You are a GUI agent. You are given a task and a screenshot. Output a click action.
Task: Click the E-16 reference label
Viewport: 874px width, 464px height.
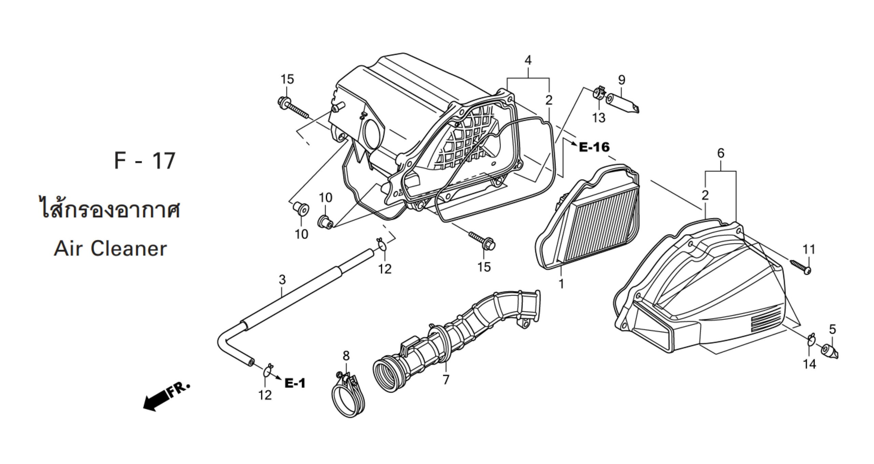tap(594, 147)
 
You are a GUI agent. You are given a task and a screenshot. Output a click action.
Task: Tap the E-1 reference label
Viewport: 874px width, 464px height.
tap(295, 384)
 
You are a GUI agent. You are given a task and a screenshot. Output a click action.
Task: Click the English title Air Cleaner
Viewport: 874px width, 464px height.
tap(110, 249)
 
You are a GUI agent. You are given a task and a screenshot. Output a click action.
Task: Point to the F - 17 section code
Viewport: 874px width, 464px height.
tap(145, 161)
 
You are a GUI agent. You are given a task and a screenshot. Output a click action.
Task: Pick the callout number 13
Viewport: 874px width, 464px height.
tap(599, 118)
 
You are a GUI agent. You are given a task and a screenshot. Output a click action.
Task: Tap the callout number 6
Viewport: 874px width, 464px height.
tap(720, 154)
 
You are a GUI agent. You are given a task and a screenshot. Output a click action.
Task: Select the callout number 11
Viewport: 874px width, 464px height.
tap(808, 249)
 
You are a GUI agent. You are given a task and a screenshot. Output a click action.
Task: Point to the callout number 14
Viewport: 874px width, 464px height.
tap(809, 364)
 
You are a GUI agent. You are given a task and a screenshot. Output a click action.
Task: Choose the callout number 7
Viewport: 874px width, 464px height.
tap(446, 379)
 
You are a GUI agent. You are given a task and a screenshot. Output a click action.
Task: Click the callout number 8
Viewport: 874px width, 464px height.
tap(346, 356)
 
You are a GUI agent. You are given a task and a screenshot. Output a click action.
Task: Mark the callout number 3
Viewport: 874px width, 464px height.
tap(282, 280)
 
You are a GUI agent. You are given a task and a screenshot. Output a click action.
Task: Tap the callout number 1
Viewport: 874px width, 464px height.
tap(561, 284)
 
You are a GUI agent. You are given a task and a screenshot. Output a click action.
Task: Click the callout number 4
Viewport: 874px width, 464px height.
tap(528, 61)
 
